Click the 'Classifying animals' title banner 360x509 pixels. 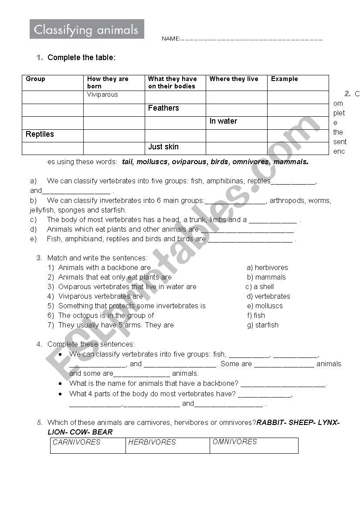(86, 30)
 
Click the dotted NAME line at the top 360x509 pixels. (251, 39)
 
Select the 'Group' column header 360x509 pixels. (35, 79)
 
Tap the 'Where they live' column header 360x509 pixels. (234, 79)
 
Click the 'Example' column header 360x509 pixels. (284, 79)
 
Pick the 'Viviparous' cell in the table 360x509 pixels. (102, 94)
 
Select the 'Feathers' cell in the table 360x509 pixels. (163, 108)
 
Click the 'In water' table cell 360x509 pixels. (223, 121)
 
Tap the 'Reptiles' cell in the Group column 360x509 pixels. (40, 134)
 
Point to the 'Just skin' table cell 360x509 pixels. (163, 147)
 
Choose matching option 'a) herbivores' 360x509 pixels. (267, 267)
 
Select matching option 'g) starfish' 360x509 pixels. (262, 325)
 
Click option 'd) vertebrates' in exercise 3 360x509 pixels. (268, 296)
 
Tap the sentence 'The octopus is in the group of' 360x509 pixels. (106, 315)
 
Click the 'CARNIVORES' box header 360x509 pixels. (77, 442)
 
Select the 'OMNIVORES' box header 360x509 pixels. (234, 442)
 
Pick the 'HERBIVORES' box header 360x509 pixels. (152, 442)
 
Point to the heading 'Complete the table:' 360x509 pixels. (82, 57)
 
